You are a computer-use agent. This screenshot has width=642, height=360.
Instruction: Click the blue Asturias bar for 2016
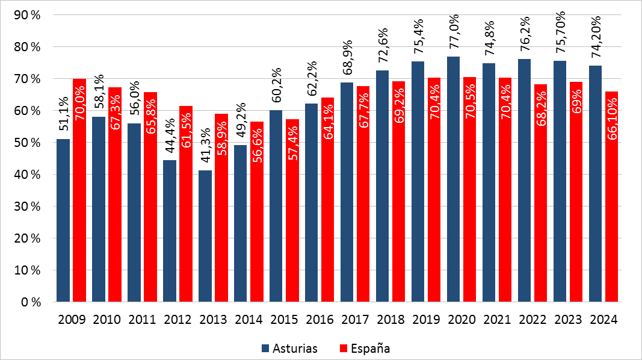(x=312, y=202)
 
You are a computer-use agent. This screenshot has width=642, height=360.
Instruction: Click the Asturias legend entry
(x=289, y=348)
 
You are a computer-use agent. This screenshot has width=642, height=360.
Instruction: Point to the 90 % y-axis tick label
(x=26, y=15)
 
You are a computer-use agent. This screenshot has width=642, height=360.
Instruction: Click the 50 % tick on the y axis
(x=26, y=143)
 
